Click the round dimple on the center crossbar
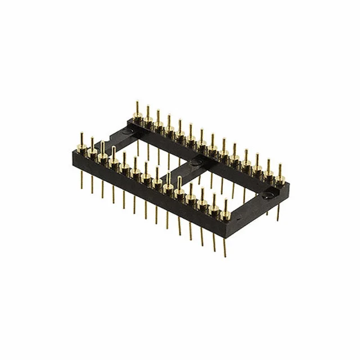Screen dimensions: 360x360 (195, 162)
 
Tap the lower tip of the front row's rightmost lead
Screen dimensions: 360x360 (225, 256)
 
